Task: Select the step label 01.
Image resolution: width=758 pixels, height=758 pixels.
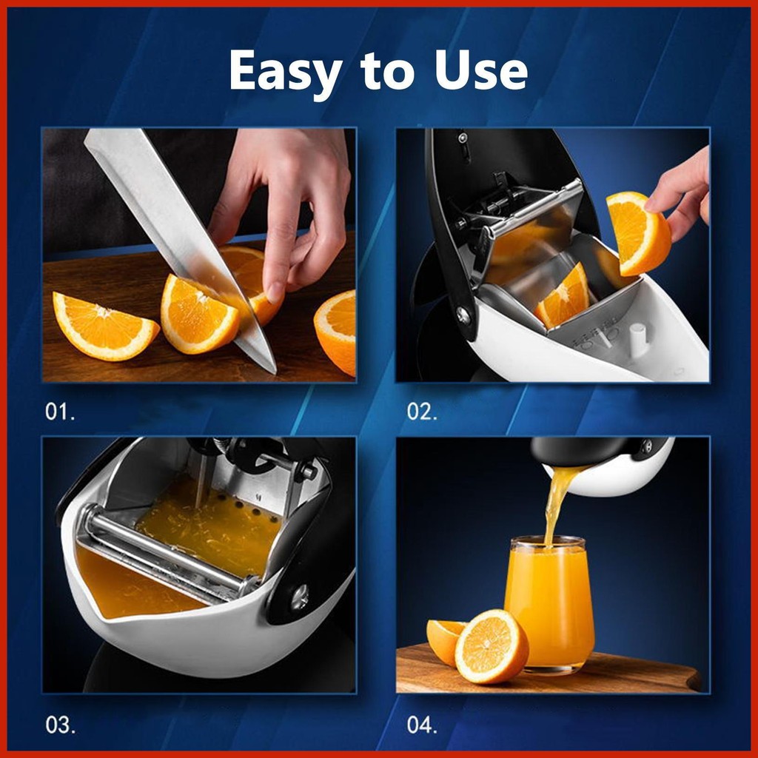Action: pos(60,412)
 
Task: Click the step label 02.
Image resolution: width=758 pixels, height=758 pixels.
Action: pos(421,412)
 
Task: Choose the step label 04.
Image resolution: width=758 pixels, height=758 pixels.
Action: pos(422,725)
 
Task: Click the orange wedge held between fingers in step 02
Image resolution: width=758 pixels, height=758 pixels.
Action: pos(638,233)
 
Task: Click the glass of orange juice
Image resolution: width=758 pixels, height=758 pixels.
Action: pos(550,604)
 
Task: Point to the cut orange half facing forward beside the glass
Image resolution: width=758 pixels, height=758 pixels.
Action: pos(492,647)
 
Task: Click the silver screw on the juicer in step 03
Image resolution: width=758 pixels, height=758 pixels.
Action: pos(300,597)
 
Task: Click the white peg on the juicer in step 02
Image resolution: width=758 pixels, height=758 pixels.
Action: pos(637,340)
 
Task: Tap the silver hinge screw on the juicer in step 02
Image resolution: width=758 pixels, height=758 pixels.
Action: pos(463,315)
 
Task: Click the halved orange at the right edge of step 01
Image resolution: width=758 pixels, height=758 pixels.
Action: pos(336,332)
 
